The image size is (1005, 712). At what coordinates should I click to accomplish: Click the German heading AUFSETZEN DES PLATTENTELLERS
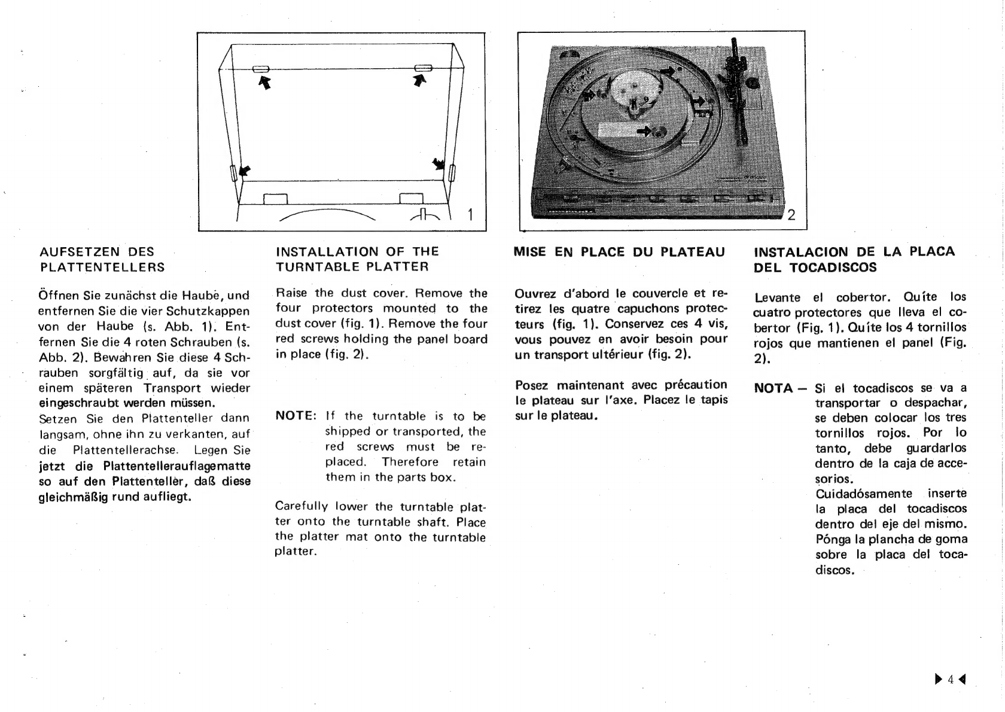point(102,259)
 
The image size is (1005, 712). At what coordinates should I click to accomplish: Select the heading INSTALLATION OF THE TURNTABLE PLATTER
point(357,259)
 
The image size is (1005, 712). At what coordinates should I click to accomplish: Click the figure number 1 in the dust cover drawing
point(470,214)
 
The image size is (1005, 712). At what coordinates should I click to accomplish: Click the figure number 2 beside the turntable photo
point(791,215)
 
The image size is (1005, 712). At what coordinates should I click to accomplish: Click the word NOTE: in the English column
point(296,416)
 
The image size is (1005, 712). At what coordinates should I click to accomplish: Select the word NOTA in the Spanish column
point(773,388)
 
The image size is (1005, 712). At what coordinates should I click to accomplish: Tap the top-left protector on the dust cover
point(261,69)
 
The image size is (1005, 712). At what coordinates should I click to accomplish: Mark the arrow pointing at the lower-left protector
point(245,171)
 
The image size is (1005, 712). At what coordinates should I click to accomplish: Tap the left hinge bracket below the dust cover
point(276,199)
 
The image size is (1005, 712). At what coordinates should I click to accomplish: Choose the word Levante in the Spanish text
point(777,297)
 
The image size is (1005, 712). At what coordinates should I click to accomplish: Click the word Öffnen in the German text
point(56,295)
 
